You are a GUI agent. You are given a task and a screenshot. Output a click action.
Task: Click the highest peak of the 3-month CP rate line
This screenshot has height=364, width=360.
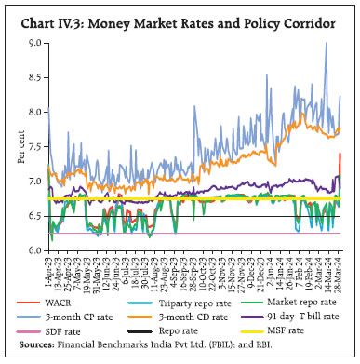coord(326,43)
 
